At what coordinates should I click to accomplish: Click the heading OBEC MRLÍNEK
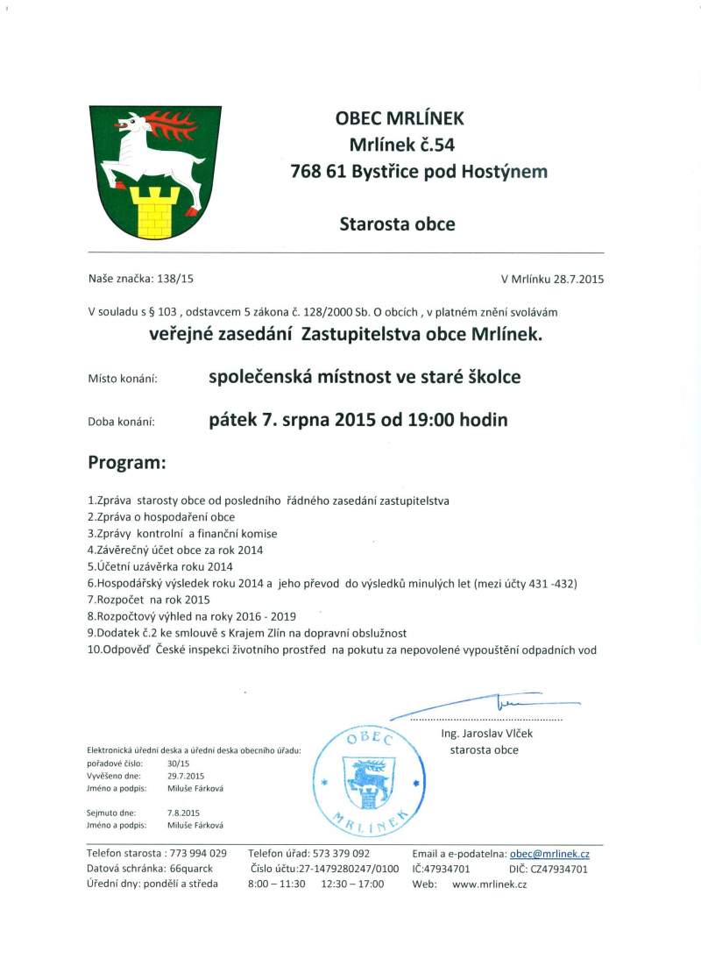point(400,117)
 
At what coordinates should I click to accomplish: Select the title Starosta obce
point(397,224)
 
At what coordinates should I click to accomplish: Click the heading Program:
point(127,462)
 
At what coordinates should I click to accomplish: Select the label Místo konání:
point(122,379)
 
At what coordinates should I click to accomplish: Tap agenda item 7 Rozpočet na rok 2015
point(150,600)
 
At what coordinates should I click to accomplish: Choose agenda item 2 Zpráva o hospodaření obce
point(161,517)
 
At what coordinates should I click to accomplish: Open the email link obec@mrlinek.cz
point(549,853)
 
